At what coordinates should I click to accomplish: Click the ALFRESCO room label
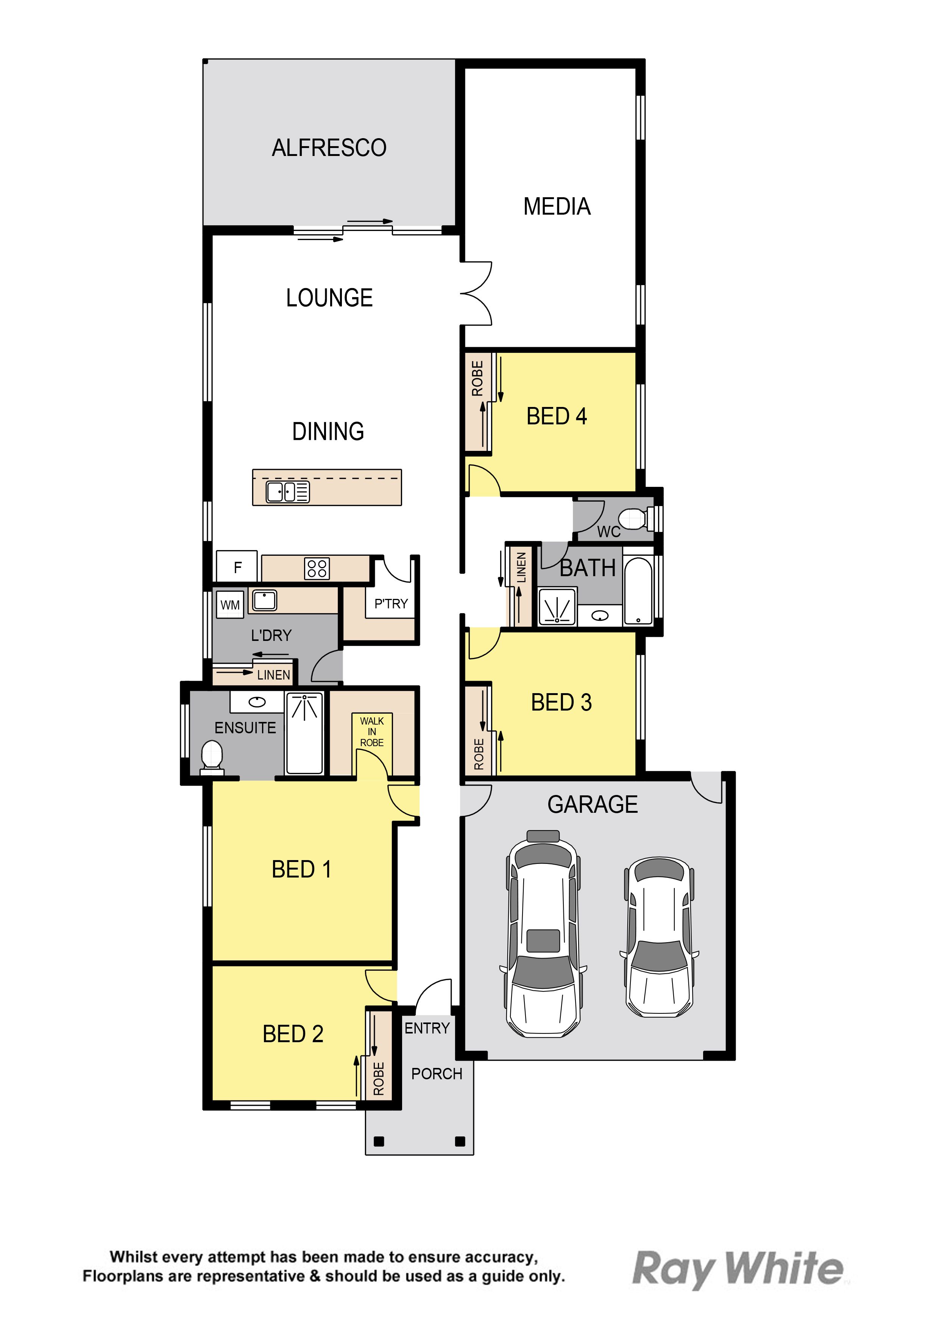pos(329,148)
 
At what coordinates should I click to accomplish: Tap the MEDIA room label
pos(557,206)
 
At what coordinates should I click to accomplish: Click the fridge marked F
pos(237,566)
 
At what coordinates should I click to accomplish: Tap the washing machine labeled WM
pos(230,605)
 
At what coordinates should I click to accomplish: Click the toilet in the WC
pos(633,519)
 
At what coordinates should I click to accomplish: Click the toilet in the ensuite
pos(212,756)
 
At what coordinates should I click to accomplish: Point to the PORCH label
pos(437,1074)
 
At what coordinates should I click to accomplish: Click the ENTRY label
pos(427,1029)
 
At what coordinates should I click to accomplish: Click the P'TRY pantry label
pos(391,604)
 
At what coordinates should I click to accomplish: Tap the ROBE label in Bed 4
pos(477,378)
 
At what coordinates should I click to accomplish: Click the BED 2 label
pos(293,1034)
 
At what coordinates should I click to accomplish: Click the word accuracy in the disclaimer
pos(501,1258)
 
